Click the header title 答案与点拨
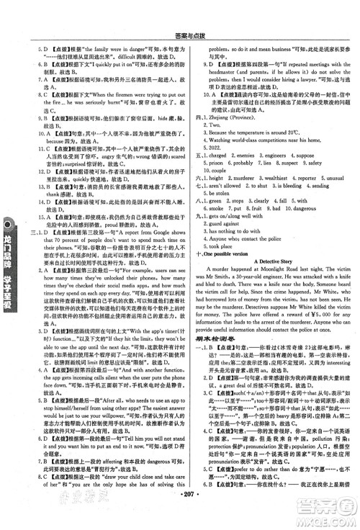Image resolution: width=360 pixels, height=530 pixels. [180, 9]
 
